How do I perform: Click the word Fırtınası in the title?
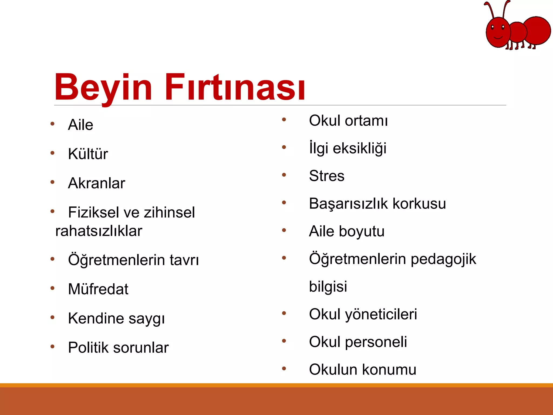point(235,87)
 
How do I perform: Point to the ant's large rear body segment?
point(537,30)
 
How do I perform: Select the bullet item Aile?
point(80,125)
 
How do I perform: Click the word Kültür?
point(88,154)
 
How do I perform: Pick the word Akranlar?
point(96,183)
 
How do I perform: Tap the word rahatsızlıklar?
point(99,231)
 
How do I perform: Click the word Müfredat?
point(98,289)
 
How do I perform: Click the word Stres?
point(326,176)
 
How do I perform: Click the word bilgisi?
point(328,286)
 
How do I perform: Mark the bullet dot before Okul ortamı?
point(284,119)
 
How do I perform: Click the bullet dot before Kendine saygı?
point(52,317)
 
